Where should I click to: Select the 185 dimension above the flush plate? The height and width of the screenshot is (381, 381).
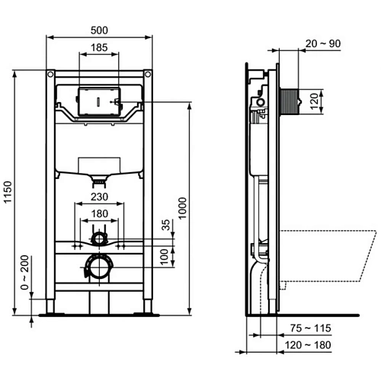click(99, 47)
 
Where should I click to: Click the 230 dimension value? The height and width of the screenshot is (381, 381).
click(99, 197)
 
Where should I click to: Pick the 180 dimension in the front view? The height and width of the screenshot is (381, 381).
click(99, 213)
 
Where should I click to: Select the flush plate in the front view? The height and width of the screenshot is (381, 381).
click(99, 98)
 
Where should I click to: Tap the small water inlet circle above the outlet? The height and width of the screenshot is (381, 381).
click(99, 239)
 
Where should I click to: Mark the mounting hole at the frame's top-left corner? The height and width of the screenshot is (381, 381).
click(50, 75)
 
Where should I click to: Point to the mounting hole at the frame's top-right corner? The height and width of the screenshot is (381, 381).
click(148, 75)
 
